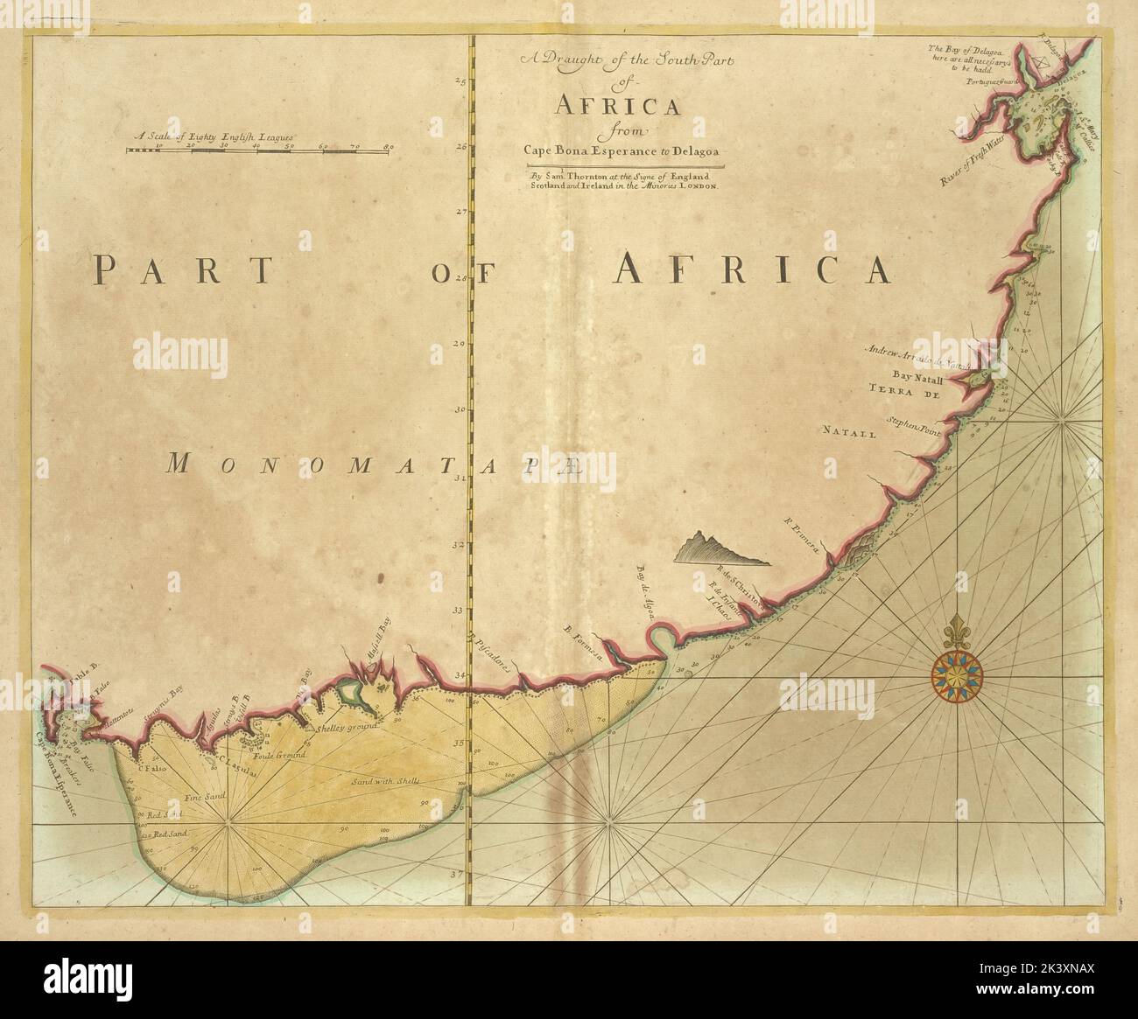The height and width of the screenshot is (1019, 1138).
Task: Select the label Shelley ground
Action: click(348, 726)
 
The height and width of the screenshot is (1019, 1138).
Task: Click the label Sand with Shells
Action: click(386, 780)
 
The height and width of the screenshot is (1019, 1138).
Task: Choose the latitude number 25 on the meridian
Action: click(459, 82)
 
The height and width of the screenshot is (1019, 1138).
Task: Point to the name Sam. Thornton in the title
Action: click(565, 177)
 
